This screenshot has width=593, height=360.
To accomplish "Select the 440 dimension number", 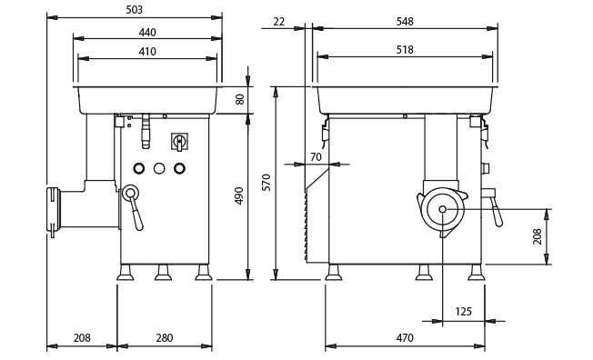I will click(x=147, y=33).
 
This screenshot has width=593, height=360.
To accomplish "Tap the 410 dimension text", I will click(x=147, y=52).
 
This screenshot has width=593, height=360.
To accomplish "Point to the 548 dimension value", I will click(x=405, y=22).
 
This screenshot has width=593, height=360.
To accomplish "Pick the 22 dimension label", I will click(x=278, y=22).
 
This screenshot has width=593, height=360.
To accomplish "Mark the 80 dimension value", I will click(x=240, y=99).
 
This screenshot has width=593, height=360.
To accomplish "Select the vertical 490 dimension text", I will click(x=240, y=195).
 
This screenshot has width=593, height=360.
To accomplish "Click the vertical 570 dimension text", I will click(x=266, y=182).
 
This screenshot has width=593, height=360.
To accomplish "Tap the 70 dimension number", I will click(x=316, y=157).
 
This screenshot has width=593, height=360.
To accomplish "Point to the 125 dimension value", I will click(x=463, y=312).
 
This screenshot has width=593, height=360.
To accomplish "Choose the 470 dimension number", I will click(x=405, y=338).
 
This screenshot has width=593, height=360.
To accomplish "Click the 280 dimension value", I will click(x=164, y=338).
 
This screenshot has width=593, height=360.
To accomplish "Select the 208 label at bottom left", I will click(x=82, y=338).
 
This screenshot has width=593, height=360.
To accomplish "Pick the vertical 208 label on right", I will click(x=538, y=236).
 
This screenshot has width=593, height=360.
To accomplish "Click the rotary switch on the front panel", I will click(x=179, y=141).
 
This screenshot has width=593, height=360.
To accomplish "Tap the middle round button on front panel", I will click(x=159, y=168).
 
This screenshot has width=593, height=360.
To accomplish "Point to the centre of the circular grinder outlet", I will click(x=442, y=210).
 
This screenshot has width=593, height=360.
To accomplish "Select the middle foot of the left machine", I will click(x=163, y=273).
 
